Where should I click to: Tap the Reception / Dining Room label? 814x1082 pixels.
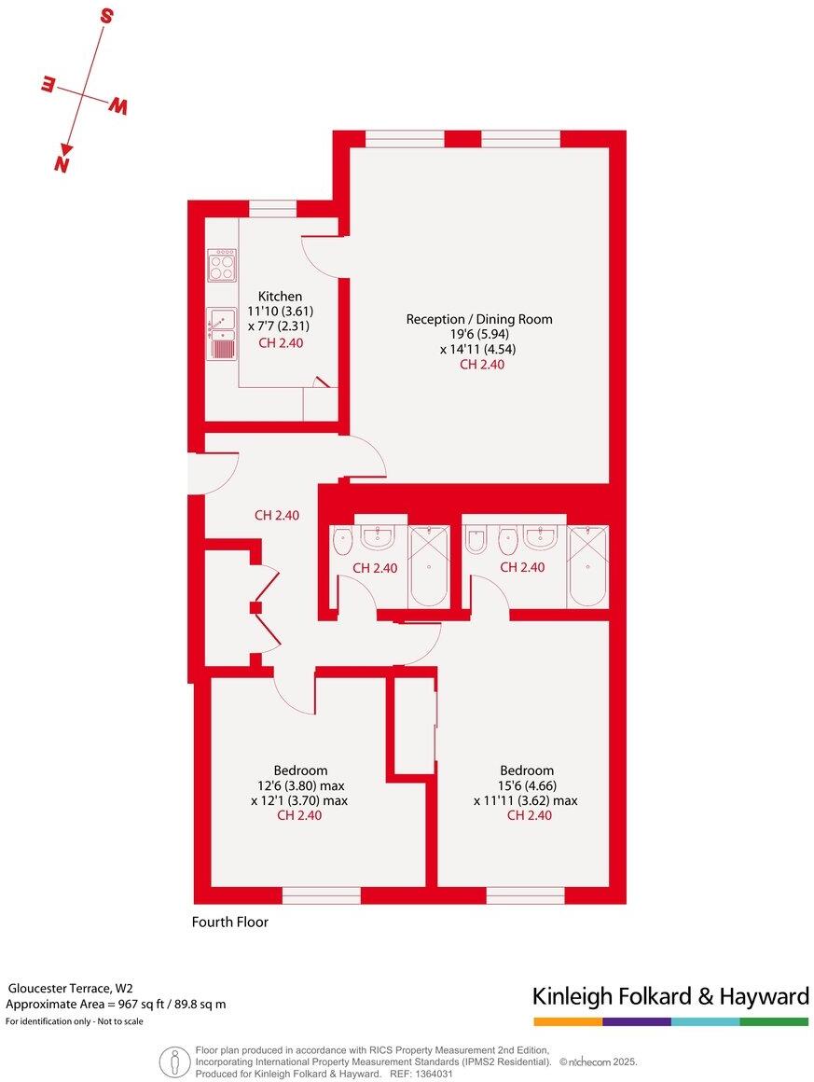478,319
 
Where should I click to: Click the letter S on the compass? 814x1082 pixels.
106,16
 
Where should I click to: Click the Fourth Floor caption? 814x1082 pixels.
229,922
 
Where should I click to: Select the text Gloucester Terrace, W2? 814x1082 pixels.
69,988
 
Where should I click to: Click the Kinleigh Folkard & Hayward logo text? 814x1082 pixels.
669,996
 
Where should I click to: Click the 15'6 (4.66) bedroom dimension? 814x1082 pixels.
526,785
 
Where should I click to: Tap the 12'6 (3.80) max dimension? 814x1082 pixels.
299,785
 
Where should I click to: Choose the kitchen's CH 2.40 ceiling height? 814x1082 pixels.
281,342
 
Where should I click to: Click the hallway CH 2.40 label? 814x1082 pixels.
277,515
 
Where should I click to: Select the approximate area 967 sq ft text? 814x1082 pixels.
116,1005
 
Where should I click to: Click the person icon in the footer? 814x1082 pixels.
172,1061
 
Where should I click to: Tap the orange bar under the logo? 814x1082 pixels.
568,1022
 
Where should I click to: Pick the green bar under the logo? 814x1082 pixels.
774,1022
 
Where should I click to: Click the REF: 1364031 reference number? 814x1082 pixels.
421,1074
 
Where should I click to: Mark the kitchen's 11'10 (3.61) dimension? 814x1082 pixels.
280,312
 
